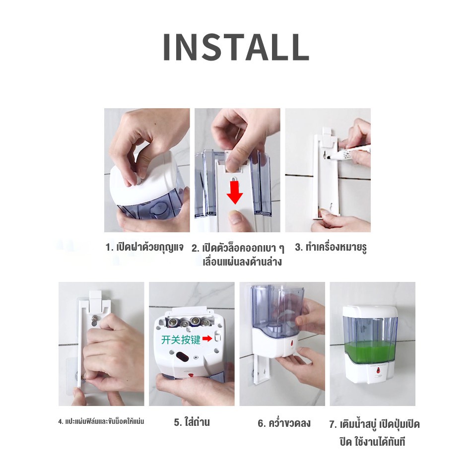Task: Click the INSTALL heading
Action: [x=236, y=47]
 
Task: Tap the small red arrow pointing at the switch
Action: [x=207, y=339]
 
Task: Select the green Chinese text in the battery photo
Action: [x=181, y=339]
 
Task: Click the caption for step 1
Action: [x=144, y=248]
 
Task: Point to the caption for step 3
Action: [x=331, y=247]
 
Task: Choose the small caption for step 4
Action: [x=101, y=421]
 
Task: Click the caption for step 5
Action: [x=192, y=422]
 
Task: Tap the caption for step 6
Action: [x=284, y=423]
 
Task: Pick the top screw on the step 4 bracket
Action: [x=96, y=318]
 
